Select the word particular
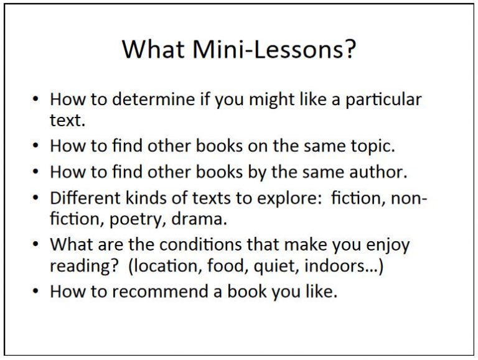(x=382, y=100)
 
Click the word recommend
(x=160, y=291)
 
